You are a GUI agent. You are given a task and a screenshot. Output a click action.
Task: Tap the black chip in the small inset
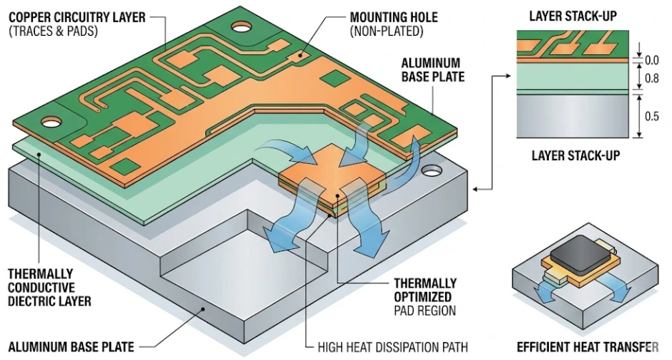[582, 255]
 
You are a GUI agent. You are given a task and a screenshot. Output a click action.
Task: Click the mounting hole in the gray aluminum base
[432, 172]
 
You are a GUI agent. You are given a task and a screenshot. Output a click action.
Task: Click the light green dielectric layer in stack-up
[573, 76]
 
